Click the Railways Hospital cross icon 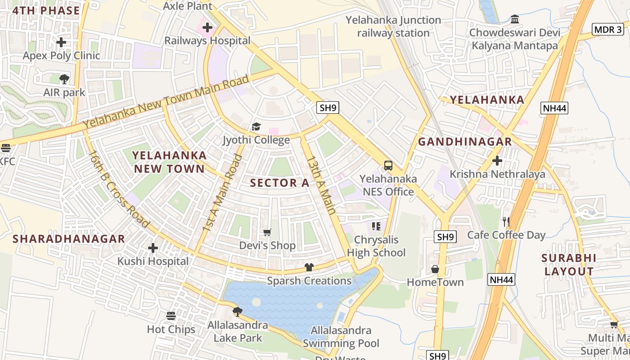click(207, 27)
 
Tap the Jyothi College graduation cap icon click(256, 126)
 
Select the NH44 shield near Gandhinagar click(554, 108)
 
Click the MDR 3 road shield click(607, 30)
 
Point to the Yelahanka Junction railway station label click(393, 27)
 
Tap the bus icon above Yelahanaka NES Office click(388, 166)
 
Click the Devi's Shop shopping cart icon click(267, 232)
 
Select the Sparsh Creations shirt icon click(309, 267)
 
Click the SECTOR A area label click(279, 183)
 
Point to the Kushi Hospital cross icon click(153, 248)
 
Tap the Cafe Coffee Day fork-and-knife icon click(506, 221)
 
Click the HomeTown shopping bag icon click(435, 269)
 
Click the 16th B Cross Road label click(119, 189)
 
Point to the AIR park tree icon click(64, 79)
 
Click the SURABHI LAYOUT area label click(569, 265)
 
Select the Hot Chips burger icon click(171, 316)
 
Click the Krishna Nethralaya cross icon click(497, 161)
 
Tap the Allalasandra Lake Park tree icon click(238, 311)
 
